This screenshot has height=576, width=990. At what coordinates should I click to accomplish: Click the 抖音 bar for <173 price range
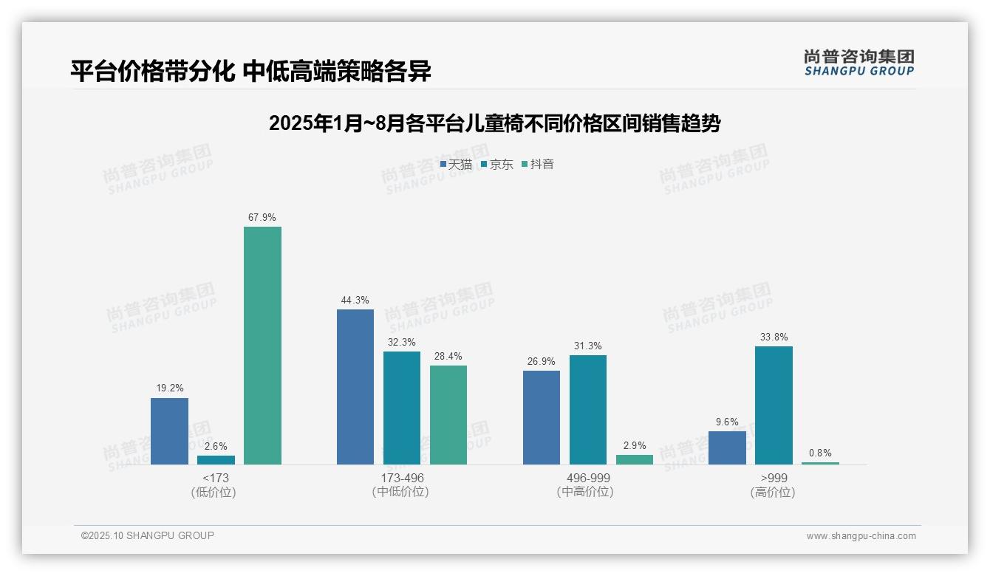(x=262, y=346)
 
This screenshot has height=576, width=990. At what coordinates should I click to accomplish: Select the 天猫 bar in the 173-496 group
(x=355, y=387)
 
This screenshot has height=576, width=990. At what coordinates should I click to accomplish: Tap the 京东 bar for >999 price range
(x=774, y=405)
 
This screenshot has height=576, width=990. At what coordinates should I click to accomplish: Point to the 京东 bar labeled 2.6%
(x=216, y=460)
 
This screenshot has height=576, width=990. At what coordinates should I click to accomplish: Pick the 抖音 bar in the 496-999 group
(x=635, y=459)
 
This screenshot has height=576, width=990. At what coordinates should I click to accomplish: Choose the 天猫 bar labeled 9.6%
(x=727, y=448)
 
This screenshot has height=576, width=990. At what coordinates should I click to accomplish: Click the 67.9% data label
(x=262, y=218)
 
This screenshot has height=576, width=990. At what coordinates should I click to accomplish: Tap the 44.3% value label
(x=355, y=301)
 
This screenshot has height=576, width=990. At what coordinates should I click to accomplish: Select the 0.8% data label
(x=820, y=453)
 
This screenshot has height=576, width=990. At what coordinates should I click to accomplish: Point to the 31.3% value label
(x=588, y=346)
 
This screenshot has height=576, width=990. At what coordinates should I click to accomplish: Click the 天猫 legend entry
(x=456, y=165)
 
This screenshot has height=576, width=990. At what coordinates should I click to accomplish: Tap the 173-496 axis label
(x=402, y=479)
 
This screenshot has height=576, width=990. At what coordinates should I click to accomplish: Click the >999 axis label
(x=774, y=479)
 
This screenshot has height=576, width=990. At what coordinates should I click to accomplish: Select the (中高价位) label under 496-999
(x=585, y=492)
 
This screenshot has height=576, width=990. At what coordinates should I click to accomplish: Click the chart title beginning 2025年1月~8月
(x=494, y=123)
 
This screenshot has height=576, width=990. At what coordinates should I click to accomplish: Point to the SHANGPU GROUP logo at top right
(x=858, y=63)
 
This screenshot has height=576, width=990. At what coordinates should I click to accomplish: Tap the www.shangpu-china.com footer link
(x=861, y=536)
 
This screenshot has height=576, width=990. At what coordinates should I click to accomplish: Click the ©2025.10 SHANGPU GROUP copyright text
(x=148, y=536)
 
